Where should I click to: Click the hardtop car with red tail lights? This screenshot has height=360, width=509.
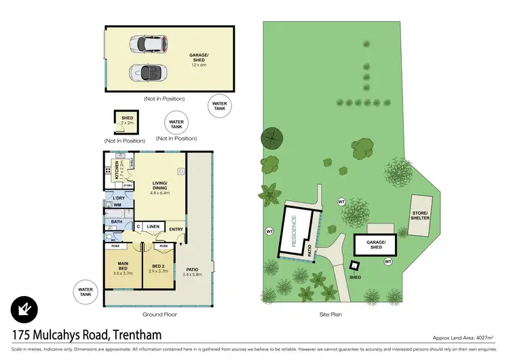click(151, 44)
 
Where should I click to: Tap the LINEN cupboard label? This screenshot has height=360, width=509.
click(153, 226)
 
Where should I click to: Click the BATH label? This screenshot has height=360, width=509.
click(116, 221)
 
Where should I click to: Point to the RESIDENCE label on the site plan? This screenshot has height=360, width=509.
click(295, 231)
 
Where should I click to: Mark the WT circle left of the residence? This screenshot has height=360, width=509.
click(269, 232)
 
